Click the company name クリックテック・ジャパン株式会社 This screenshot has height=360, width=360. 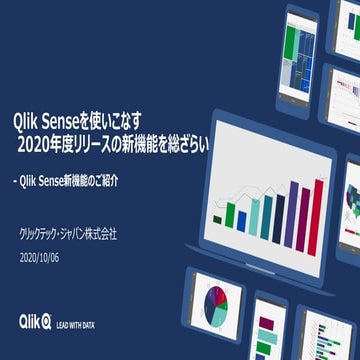(x=68, y=234)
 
